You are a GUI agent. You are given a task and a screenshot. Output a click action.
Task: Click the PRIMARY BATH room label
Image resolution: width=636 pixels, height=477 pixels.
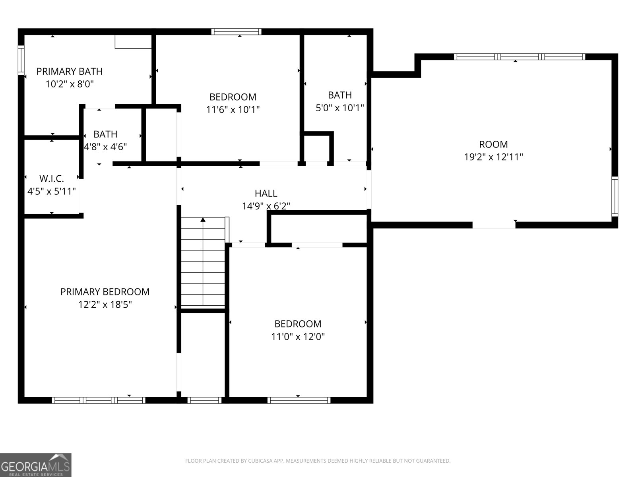click(70, 71)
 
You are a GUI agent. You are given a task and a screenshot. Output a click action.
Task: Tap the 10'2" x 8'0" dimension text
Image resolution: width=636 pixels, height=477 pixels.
click(70, 84)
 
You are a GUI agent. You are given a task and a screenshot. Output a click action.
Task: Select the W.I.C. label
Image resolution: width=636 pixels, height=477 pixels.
click(52, 179)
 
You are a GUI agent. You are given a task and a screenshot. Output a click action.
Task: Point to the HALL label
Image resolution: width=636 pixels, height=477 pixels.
click(266, 193)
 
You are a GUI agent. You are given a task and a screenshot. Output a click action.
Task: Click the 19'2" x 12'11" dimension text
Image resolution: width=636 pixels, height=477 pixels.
click(493, 157)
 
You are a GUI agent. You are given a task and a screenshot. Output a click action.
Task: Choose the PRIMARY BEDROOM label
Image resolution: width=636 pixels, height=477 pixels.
click(105, 292)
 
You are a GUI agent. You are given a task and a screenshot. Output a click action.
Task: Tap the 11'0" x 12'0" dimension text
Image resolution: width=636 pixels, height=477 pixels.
click(298, 337)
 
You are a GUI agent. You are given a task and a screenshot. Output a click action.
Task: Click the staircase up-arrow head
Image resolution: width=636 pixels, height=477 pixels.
click(203, 220)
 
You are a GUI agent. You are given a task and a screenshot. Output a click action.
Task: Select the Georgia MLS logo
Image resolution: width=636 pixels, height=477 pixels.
click(36, 465)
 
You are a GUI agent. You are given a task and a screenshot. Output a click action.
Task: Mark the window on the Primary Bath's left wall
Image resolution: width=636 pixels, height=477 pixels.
click(21, 60)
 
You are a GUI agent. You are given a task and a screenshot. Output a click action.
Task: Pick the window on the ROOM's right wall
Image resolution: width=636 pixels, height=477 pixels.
click(615, 197)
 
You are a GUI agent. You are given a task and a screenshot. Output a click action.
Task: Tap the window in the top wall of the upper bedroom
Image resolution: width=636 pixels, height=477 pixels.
click(236, 31)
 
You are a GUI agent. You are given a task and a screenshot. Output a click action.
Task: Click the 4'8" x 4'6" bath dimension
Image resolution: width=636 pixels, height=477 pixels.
click(105, 147)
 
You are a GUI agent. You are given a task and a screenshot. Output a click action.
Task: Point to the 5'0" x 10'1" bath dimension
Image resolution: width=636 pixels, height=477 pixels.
click(339, 108)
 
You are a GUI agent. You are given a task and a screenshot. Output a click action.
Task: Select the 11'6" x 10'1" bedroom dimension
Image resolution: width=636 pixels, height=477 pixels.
click(233, 110)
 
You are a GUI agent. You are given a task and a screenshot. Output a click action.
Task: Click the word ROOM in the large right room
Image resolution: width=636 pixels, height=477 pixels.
click(493, 144)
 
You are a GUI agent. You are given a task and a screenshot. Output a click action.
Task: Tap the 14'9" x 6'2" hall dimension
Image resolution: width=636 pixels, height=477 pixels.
click(266, 206)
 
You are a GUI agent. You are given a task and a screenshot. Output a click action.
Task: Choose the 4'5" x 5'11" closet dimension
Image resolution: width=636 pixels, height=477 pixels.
click(52, 192)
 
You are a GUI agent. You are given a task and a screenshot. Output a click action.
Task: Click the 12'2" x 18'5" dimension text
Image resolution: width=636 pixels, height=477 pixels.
click(105, 304)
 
